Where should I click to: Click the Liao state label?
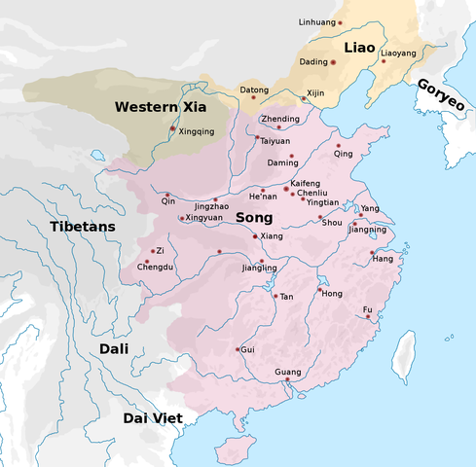(x=358, y=47)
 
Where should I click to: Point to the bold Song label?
(x=253, y=219)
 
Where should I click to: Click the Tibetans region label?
(x=83, y=226)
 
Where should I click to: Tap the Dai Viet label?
(x=156, y=418)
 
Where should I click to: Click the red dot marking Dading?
(x=334, y=61)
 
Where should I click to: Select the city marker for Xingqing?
(x=173, y=128)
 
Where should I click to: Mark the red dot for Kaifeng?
(x=286, y=188)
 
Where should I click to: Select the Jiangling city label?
(x=259, y=268)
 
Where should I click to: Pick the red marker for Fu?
(x=368, y=317)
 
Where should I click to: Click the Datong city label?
(x=254, y=90)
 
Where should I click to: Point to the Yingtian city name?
(x=322, y=202)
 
